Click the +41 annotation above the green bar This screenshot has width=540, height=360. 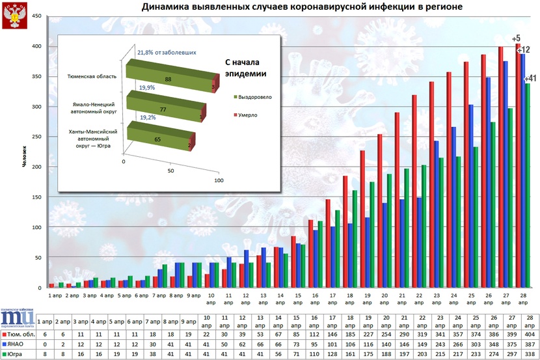(530, 79)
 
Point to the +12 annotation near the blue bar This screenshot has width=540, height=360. (523, 49)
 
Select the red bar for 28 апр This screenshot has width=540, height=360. (519, 163)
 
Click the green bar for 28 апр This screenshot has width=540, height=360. (528, 186)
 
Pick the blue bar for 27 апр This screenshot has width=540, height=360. (505, 173)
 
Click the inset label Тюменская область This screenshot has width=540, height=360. (92, 76)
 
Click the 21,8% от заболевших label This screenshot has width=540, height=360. (166, 51)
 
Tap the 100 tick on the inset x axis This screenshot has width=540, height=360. (219, 180)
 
